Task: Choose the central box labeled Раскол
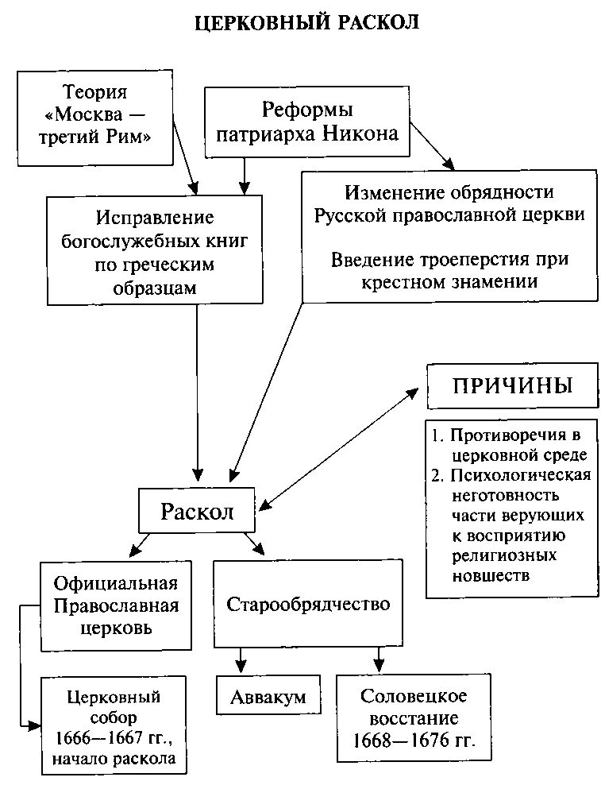[197, 511]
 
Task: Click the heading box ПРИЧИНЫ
[512, 387]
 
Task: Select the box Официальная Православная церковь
[116, 605]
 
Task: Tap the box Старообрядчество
[308, 604]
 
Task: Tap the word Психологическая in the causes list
[521, 476]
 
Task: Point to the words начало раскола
[114, 760]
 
